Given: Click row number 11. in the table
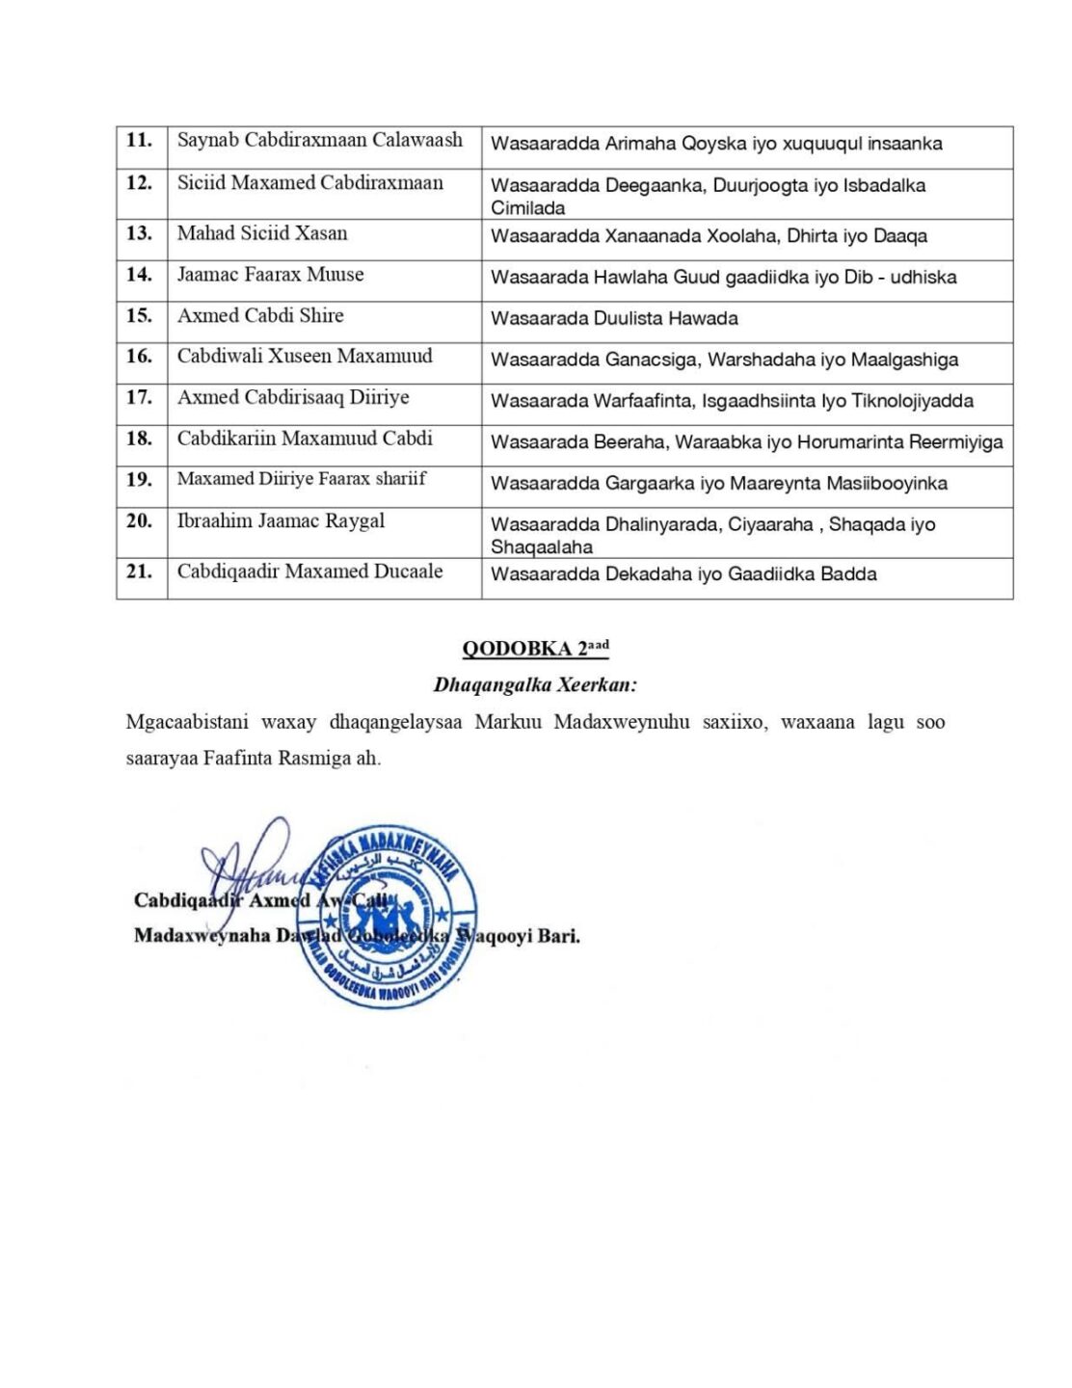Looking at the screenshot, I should point(140,141).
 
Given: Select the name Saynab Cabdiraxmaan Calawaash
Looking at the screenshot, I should point(319,141).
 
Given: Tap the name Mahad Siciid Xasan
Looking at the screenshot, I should point(262,233).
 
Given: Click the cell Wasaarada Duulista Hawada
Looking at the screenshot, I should point(614,319).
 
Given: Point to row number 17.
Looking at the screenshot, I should point(140,397).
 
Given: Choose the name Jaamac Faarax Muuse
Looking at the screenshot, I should point(270,275).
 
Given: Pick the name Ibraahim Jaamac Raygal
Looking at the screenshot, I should point(281,521).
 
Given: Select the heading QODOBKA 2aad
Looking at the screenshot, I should point(535,648).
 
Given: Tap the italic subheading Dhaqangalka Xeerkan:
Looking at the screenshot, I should point(536,685).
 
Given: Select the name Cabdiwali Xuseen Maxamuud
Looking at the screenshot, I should point(305,357).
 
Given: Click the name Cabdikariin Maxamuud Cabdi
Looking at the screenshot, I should point(305,439).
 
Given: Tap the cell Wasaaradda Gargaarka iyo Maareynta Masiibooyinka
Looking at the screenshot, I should point(718,484).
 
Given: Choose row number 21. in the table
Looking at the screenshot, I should point(140,572).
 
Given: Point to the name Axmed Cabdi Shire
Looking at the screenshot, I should point(260,316).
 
